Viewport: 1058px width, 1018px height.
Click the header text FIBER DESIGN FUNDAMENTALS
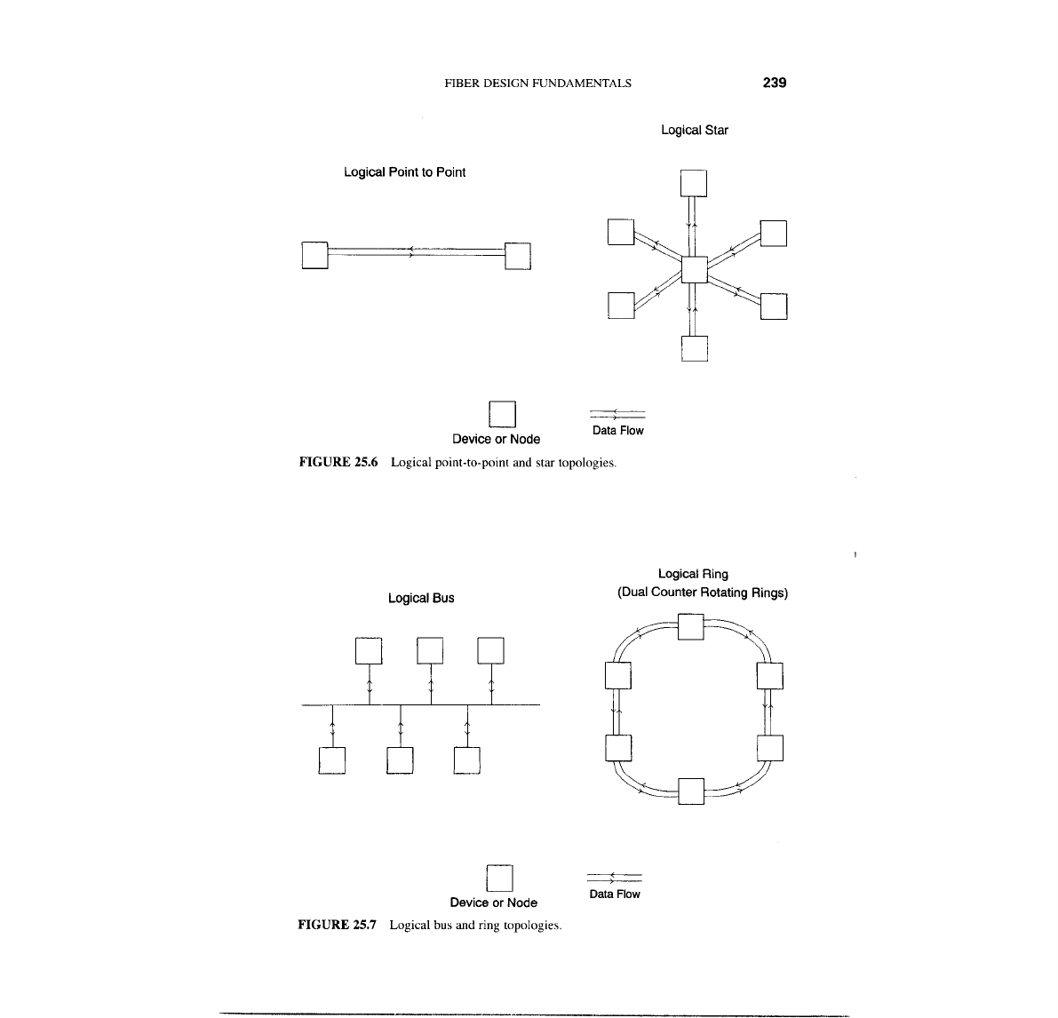coord(537,84)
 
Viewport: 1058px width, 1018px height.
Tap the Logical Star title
coord(695,131)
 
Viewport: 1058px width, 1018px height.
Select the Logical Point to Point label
coord(404,172)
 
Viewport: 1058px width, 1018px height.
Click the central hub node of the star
coord(694,267)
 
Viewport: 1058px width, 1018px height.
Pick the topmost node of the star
coord(694,183)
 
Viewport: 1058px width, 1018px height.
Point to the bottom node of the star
coord(694,348)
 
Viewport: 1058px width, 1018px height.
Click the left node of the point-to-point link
coord(315,255)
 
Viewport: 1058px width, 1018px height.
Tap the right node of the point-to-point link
coord(517,255)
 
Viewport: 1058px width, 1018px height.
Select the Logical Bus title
coord(421,599)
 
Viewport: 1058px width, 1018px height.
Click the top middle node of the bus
coord(430,650)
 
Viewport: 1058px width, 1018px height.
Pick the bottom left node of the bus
coord(331,761)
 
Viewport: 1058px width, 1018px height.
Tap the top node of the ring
coord(690,626)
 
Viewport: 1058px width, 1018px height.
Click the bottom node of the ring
coord(690,790)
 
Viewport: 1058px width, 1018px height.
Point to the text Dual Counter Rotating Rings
coord(703,593)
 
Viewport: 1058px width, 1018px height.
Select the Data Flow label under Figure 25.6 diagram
coord(617,431)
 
